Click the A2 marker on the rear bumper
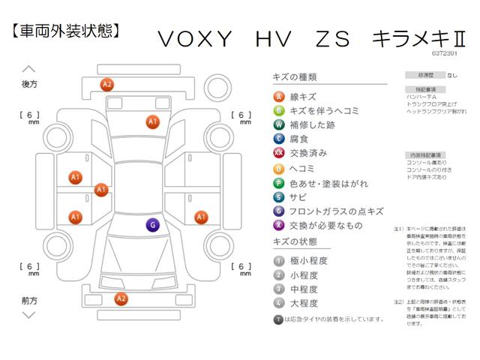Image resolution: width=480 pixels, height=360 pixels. [107, 84]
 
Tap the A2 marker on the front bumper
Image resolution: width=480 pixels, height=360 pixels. [120, 298]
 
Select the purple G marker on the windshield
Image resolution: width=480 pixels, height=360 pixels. [152, 224]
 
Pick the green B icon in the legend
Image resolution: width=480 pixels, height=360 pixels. [279, 110]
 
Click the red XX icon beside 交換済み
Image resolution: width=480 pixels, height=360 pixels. [279, 153]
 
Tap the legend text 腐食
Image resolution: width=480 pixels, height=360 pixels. [298, 139]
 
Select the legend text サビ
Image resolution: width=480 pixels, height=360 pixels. [298, 196]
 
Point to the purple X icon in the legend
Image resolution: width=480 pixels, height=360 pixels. [279, 225]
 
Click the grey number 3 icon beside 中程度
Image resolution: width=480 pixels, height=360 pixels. [279, 289]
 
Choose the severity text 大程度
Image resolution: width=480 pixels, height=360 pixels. [303, 303]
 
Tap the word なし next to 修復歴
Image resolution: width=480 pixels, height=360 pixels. [451, 76]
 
